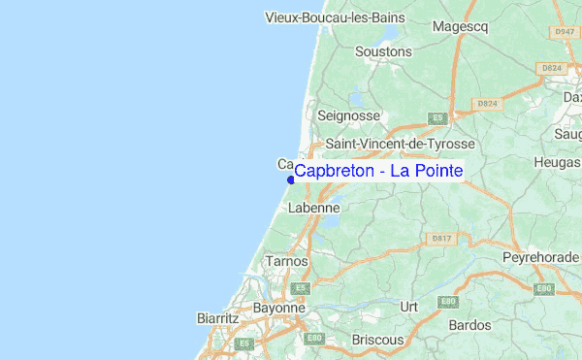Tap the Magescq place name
[460, 26]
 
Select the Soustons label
[384, 51]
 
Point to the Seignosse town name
[348, 115]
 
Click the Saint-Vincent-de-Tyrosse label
[400, 143]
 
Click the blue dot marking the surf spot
[291, 180]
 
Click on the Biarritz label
[217, 317]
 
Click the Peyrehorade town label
[539, 257]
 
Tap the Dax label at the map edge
[572, 97]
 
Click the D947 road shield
[565, 32]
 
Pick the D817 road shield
[442, 238]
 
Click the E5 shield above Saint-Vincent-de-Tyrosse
[437, 117]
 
